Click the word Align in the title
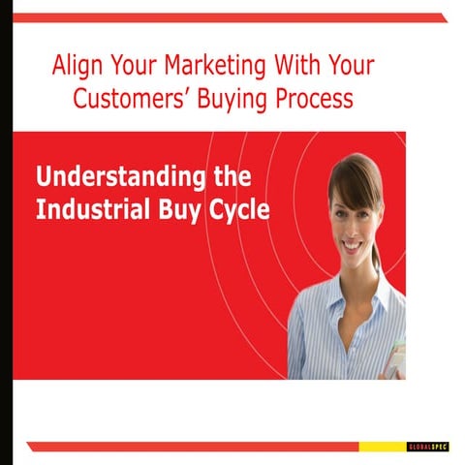(77, 66)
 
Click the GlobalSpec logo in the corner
(426, 447)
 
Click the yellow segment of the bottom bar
(383, 447)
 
